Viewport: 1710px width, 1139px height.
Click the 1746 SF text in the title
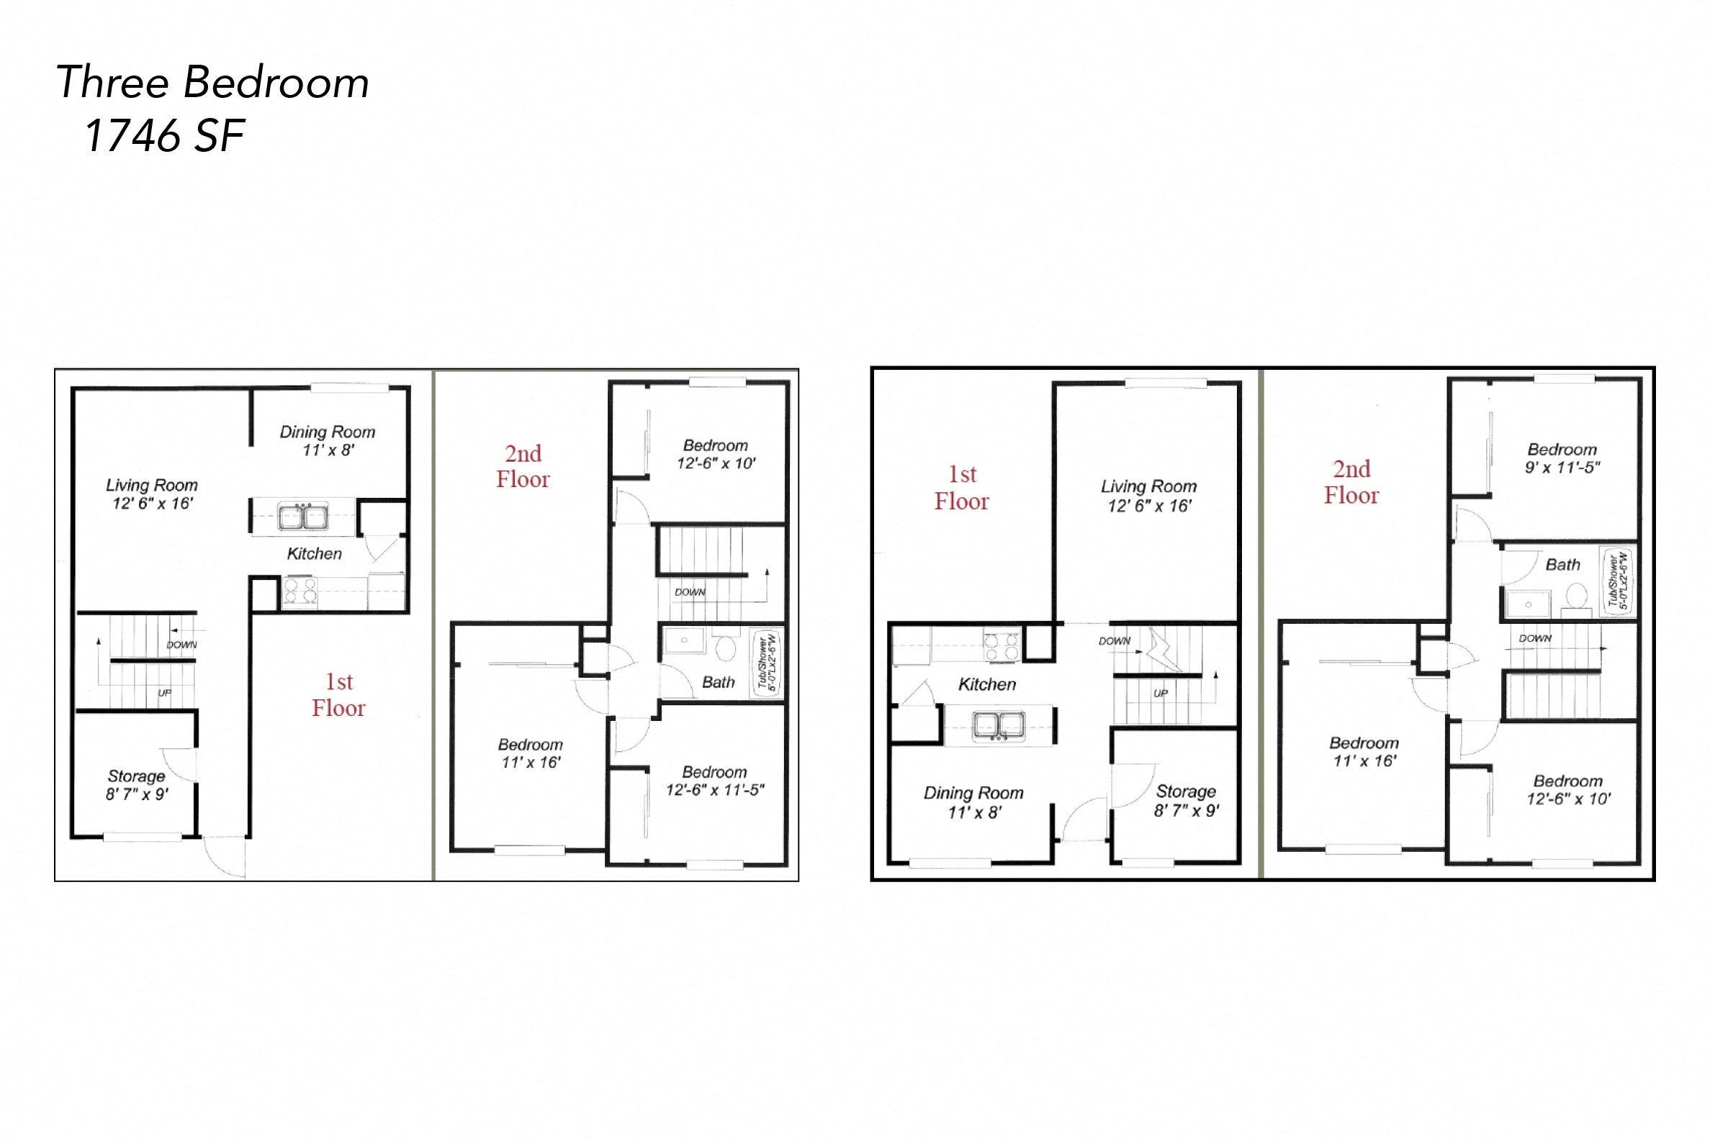164,136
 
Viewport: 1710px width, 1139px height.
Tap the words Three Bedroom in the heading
212,82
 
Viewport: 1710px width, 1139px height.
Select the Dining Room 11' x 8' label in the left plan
328,441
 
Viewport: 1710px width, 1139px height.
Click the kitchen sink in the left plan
303,517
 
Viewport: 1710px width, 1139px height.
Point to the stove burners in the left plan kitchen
300,592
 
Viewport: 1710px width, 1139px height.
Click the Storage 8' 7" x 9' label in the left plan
137,785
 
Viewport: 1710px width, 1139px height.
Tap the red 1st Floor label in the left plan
338,695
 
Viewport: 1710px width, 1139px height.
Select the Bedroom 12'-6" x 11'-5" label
714,781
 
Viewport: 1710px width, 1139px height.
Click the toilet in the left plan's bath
725,648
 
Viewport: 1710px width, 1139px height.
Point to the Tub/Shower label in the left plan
767,662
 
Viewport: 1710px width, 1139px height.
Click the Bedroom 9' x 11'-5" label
1562,458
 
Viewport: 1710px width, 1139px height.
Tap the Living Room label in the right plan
1148,496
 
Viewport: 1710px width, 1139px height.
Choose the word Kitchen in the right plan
987,684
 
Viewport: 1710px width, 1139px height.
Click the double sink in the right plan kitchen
999,725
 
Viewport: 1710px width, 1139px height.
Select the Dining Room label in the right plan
974,803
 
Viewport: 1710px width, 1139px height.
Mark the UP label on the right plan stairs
1161,693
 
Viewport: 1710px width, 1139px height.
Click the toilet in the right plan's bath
1575,597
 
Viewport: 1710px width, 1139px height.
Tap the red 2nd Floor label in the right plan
1351,482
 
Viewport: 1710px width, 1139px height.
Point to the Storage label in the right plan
1186,801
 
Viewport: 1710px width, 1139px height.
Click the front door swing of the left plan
225,857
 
